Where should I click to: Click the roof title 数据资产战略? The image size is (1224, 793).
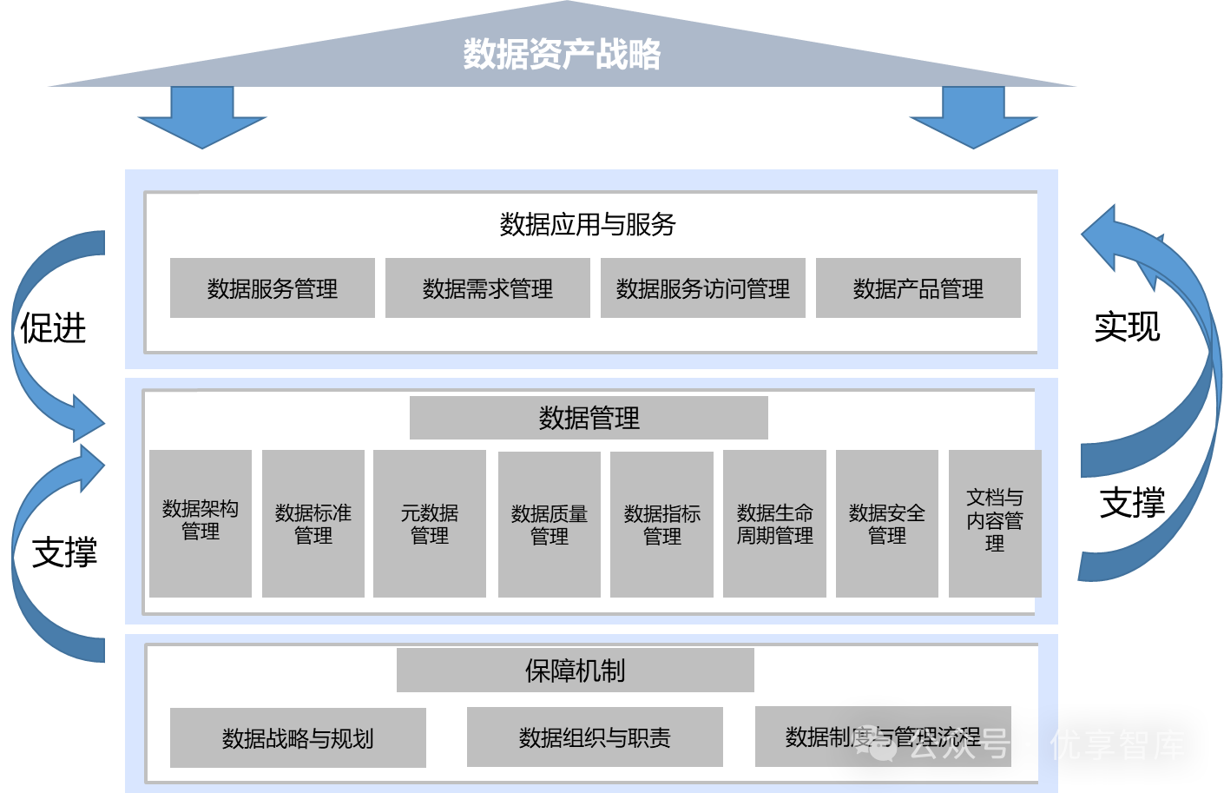tap(562, 54)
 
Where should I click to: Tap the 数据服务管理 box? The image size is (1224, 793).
tap(272, 288)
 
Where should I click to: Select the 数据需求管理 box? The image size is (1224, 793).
tap(487, 288)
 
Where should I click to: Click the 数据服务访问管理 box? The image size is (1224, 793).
tap(702, 288)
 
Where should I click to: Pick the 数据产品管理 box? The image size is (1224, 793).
tap(918, 288)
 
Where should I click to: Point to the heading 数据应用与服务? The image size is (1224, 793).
tap(588, 225)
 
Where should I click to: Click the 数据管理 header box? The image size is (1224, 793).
tap(589, 418)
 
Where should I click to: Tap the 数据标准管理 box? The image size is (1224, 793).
tap(313, 523)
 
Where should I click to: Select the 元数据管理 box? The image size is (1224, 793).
tap(429, 523)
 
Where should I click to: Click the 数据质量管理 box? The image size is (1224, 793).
tap(549, 524)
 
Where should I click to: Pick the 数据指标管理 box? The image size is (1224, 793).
tap(661, 524)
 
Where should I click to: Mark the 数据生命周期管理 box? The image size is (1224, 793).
tap(774, 523)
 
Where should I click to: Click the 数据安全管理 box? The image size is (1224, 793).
tap(886, 523)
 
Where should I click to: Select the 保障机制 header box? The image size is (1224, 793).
tap(575, 671)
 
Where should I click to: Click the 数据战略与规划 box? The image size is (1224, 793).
tap(298, 738)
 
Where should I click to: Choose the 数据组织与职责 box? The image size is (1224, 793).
tap(595, 737)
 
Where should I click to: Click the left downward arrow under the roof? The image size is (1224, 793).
tap(202, 117)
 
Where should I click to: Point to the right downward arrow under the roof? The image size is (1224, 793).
tap(973, 117)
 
